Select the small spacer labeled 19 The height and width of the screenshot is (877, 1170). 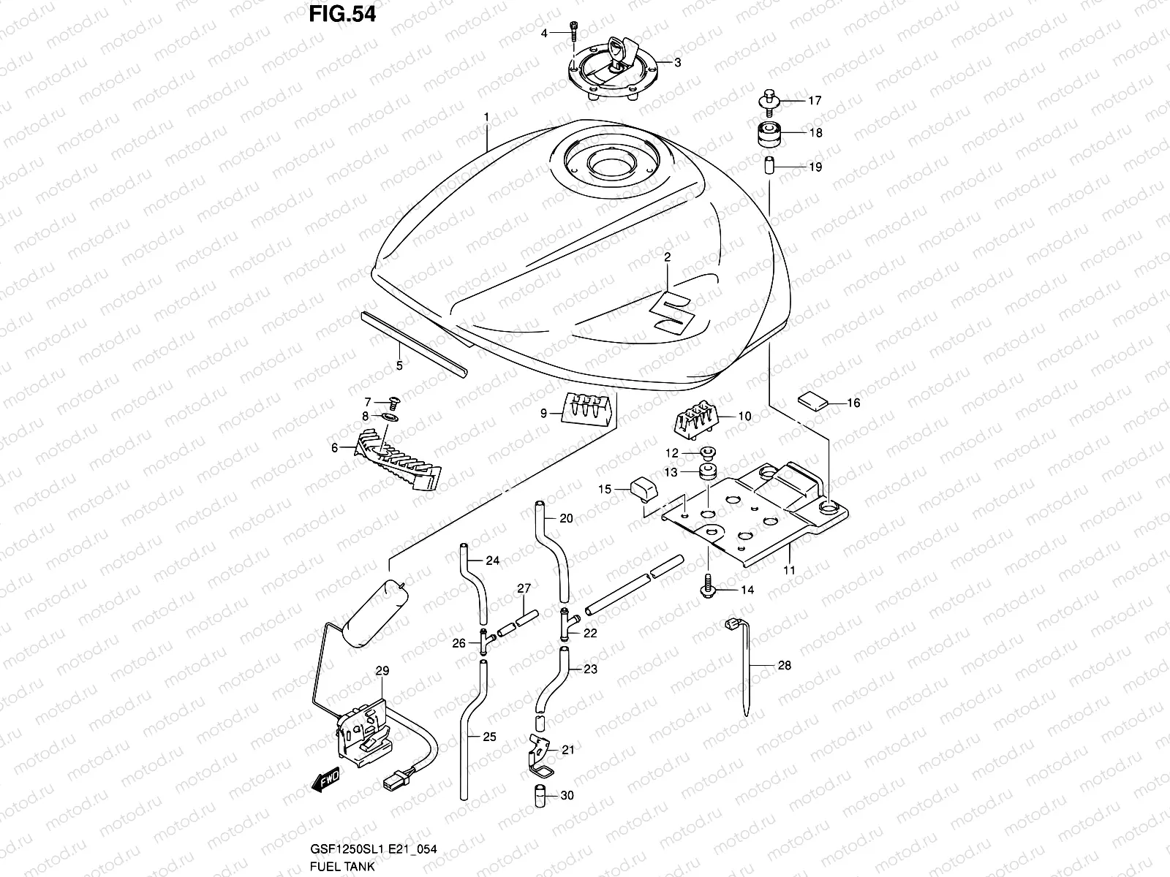[x=769, y=166]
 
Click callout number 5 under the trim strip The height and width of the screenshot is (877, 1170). [x=399, y=365]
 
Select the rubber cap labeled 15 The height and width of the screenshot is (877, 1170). [x=641, y=488]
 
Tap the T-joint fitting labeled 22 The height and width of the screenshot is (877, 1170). [x=565, y=623]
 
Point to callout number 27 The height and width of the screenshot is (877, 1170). [x=524, y=588]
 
